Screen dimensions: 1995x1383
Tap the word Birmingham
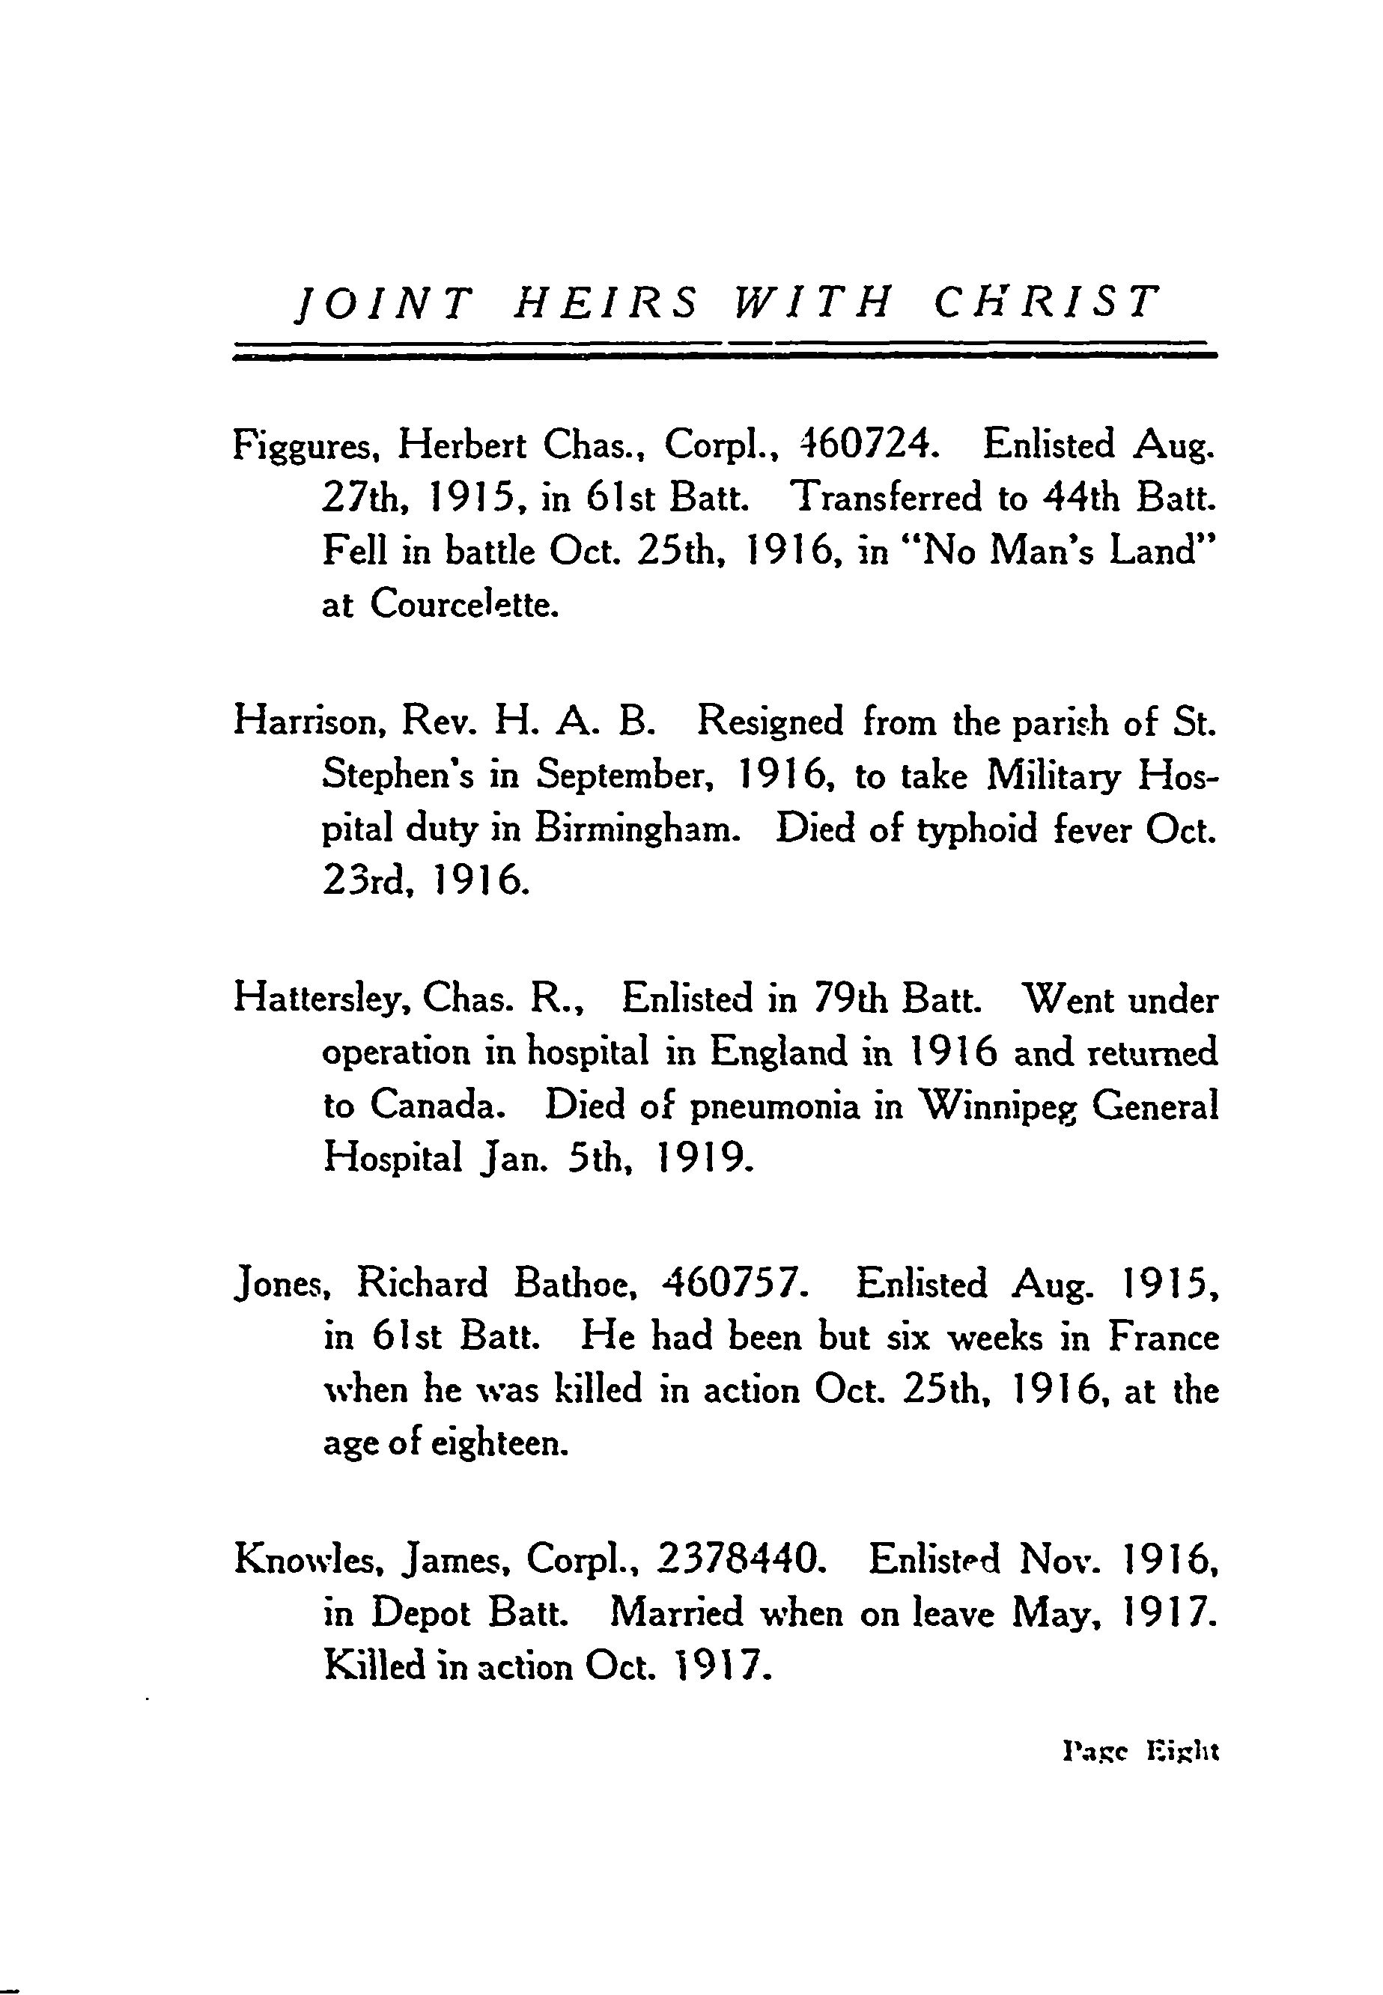pyautogui.click(x=639, y=830)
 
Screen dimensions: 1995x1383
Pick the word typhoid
pyautogui.click(x=977, y=831)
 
